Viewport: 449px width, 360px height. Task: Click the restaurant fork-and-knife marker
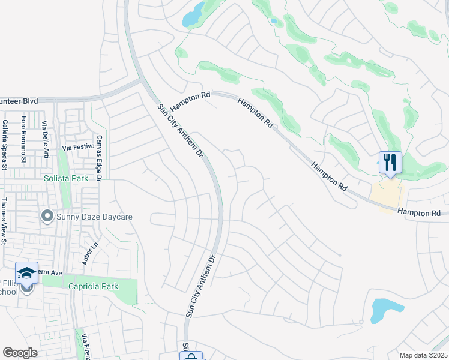click(390, 162)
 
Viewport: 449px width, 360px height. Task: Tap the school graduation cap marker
click(26, 274)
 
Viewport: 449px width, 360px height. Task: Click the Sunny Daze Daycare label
click(94, 217)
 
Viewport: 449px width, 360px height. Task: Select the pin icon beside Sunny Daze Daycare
click(47, 215)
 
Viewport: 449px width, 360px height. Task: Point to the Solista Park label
click(65, 178)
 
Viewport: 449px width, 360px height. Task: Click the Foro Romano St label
click(24, 139)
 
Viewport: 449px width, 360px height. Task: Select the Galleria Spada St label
click(5, 144)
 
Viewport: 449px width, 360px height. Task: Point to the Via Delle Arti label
click(44, 140)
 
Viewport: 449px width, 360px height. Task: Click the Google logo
click(20, 353)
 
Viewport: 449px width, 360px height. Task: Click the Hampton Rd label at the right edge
click(418, 212)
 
